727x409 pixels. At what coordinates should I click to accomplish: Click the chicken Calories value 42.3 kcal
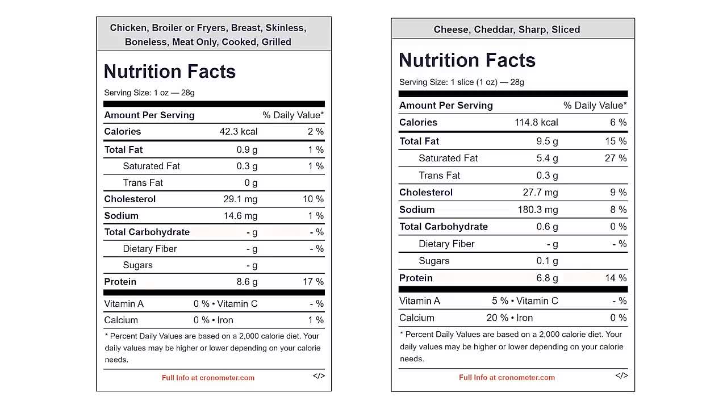[238, 131]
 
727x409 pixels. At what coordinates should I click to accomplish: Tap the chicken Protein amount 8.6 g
[246, 282]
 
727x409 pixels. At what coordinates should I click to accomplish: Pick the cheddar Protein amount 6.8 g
[547, 278]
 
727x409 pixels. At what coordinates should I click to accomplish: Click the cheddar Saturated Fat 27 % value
[616, 158]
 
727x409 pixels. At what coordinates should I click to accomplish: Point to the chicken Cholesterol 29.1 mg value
[240, 199]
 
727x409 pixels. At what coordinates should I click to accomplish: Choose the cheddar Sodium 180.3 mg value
[537, 210]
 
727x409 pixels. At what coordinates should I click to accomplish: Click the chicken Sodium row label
[121, 215]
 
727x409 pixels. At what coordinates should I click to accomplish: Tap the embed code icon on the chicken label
[319, 375]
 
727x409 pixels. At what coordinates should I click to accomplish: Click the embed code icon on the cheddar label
[621, 375]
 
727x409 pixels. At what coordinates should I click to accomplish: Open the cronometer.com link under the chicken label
[208, 378]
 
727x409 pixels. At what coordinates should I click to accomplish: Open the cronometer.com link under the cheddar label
[507, 377]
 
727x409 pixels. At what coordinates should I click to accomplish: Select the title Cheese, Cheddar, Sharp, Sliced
[507, 30]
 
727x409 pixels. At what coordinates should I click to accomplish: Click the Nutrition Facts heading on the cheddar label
[467, 60]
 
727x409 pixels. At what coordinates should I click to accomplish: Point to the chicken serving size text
[149, 93]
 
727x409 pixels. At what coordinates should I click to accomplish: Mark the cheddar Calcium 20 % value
[497, 318]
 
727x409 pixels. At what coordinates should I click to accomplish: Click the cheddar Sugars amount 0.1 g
[547, 261]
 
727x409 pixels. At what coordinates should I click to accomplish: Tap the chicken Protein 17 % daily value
[313, 282]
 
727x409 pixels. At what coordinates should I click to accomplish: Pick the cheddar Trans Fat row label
[439, 176]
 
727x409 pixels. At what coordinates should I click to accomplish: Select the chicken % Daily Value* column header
[293, 115]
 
